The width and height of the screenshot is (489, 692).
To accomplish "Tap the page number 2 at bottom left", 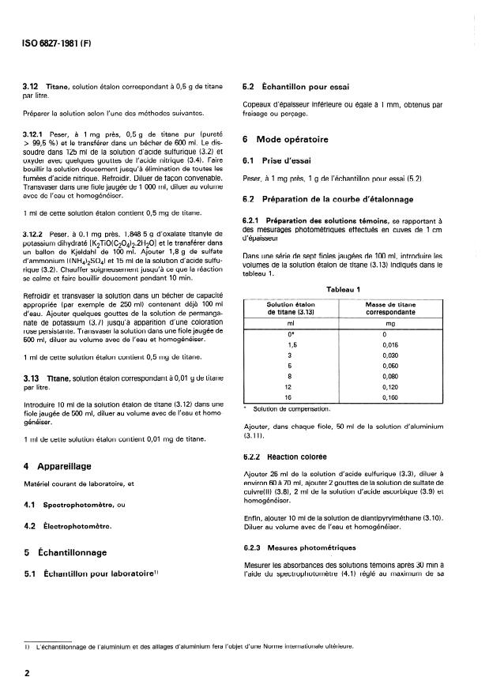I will [x=27, y=673].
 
